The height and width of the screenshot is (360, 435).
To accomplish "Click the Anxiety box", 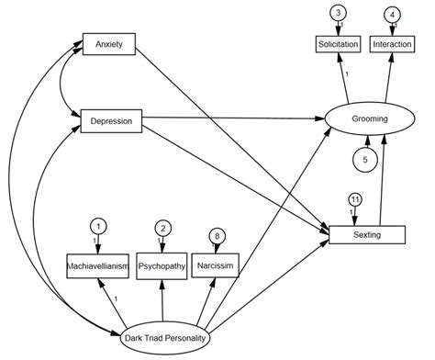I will pos(109,44).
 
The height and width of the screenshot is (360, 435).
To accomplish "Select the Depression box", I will pos(109,119).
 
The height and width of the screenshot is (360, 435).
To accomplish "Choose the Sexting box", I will pos(354,236).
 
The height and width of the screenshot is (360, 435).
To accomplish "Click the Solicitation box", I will pos(338,44).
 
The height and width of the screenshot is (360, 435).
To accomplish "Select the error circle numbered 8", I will pos(216,235).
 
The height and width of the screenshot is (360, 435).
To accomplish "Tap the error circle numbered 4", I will pos(393,13).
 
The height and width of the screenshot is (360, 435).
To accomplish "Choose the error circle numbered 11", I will pos(354,199).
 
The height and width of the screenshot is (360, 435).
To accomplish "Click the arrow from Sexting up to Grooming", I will pos(383,179).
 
